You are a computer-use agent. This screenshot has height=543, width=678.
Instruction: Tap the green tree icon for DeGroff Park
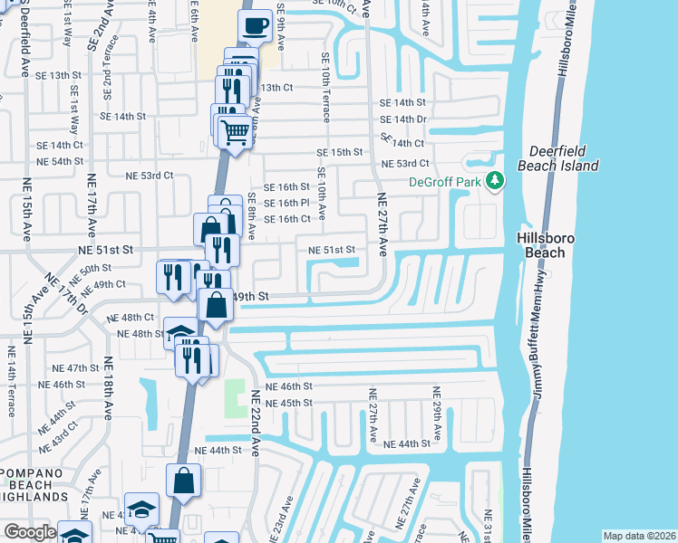pyautogui.click(x=494, y=181)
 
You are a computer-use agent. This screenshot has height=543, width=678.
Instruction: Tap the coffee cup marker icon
pyautogui.click(x=255, y=26)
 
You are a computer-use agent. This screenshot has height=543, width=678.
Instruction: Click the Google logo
pyautogui.click(x=30, y=532)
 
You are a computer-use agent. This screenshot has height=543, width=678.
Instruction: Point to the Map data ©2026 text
pyautogui.click(x=639, y=536)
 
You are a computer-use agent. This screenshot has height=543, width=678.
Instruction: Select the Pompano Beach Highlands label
pyautogui.click(x=34, y=485)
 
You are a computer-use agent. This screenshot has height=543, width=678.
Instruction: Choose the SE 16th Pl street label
pyautogui.click(x=287, y=203)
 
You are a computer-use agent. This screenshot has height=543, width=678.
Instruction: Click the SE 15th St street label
pyautogui.click(x=339, y=152)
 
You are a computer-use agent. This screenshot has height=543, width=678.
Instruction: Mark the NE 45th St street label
pyautogui.click(x=289, y=402)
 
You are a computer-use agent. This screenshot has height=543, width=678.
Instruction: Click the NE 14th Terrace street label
pyautogui.click(x=12, y=379)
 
